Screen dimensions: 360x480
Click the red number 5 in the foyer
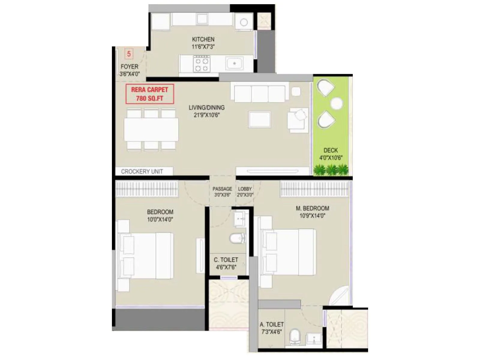pyautogui.click(x=129, y=54)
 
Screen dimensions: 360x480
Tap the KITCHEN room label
pyautogui.click(x=203, y=39)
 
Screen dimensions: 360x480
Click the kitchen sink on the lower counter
pyautogui.click(x=235, y=64)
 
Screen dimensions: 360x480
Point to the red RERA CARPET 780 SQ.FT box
pyautogui.click(x=149, y=94)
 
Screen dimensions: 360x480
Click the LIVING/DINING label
pyautogui.click(x=206, y=107)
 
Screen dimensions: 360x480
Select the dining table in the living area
pyautogui.click(x=151, y=129)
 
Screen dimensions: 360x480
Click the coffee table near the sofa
pyautogui.click(x=259, y=119)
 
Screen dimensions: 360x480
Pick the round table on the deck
pyautogui.click(x=336, y=104)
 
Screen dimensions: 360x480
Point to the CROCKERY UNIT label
pyautogui.click(x=142, y=172)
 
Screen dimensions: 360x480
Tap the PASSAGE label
pyautogui.click(x=222, y=189)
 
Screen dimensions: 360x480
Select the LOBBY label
pyautogui.click(x=245, y=189)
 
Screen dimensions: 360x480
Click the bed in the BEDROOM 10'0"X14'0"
pyautogui.click(x=147, y=256)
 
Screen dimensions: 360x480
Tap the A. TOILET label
pyautogui.click(x=271, y=324)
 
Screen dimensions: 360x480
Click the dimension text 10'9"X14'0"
pyautogui.click(x=312, y=215)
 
